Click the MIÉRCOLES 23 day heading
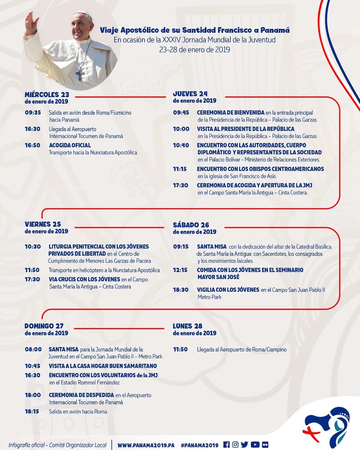[x=47, y=95]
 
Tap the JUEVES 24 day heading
[x=190, y=94]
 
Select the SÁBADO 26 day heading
[x=191, y=225]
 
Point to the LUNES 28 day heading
[x=187, y=326]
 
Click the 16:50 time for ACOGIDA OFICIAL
[x=32, y=145]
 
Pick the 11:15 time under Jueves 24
[x=180, y=169]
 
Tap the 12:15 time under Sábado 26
[x=180, y=270]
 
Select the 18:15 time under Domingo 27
[x=32, y=411]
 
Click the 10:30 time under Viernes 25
[x=32, y=246]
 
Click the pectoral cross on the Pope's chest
[x=80, y=74]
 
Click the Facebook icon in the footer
[x=226, y=445]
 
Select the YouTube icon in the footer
[x=255, y=445]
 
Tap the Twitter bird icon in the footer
[x=245, y=445]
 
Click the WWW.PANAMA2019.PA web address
[x=146, y=445]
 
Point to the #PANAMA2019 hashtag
[x=199, y=445]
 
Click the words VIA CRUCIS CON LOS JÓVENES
[x=84, y=279]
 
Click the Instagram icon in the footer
[x=235, y=445]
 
